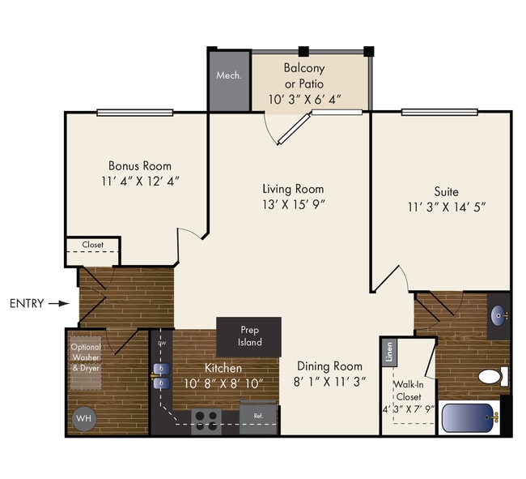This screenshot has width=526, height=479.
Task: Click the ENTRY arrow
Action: pos(58,304)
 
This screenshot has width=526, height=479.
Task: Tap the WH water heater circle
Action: pos(83,419)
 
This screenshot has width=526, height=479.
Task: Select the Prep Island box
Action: pos(248,336)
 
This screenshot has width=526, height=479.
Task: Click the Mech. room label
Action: pos(229,76)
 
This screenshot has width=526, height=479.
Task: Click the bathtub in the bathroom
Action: pos(470,419)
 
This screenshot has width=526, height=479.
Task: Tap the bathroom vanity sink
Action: pos(498,313)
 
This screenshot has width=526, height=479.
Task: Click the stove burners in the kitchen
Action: pos(206,418)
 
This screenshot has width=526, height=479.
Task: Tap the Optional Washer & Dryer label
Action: pos(85,357)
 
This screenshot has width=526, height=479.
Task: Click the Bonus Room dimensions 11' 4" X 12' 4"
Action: pos(139,181)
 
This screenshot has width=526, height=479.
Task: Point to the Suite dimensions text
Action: pos(446,207)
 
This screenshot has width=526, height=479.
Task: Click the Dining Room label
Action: pos(328,366)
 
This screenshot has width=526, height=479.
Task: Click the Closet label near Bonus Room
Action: pos(93,244)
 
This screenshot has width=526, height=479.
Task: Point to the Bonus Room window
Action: pos(134,113)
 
